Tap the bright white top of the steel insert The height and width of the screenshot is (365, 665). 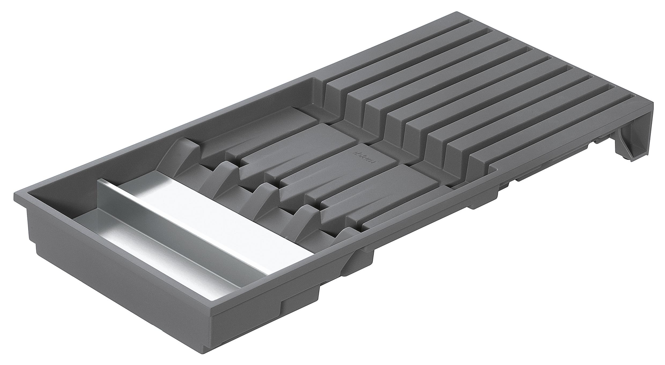click(x=204, y=215)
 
